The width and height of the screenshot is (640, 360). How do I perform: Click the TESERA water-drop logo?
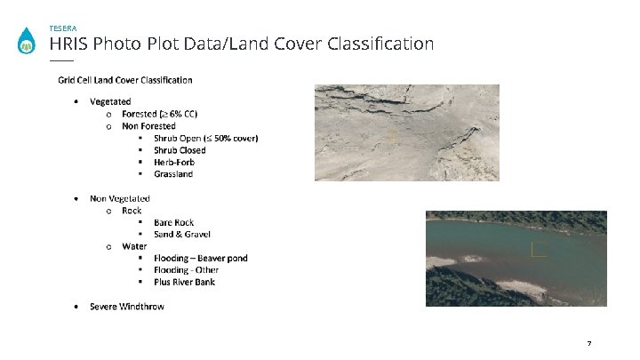click(28, 42)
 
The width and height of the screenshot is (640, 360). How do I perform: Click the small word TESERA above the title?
click(63, 28)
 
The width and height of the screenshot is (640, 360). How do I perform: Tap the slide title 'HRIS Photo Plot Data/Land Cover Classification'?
click(242, 44)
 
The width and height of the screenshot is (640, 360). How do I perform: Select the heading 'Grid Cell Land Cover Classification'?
click(125, 80)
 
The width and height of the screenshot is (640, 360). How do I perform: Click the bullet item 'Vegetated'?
click(110, 102)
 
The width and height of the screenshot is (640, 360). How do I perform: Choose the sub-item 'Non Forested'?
click(148, 126)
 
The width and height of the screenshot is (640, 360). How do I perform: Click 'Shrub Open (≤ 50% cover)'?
click(205, 139)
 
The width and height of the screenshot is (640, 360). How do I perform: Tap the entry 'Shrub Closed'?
click(180, 150)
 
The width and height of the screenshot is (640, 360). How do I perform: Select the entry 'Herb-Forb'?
click(174, 163)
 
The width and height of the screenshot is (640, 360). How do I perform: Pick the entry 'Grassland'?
click(173, 174)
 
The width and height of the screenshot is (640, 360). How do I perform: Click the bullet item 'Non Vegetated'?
click(120, 198)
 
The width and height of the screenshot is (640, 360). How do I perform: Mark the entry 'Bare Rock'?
click(173, 222)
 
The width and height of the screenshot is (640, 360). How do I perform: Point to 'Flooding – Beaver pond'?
click(200, 259)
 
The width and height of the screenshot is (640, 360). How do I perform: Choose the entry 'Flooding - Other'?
click(186, 270)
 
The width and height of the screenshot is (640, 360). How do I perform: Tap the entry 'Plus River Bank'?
click(184, 283)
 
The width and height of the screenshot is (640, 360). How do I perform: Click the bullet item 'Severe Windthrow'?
click(127, 307)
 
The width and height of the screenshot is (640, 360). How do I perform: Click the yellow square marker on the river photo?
click(538, 250)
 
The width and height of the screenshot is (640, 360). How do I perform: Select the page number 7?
click(589, 343)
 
